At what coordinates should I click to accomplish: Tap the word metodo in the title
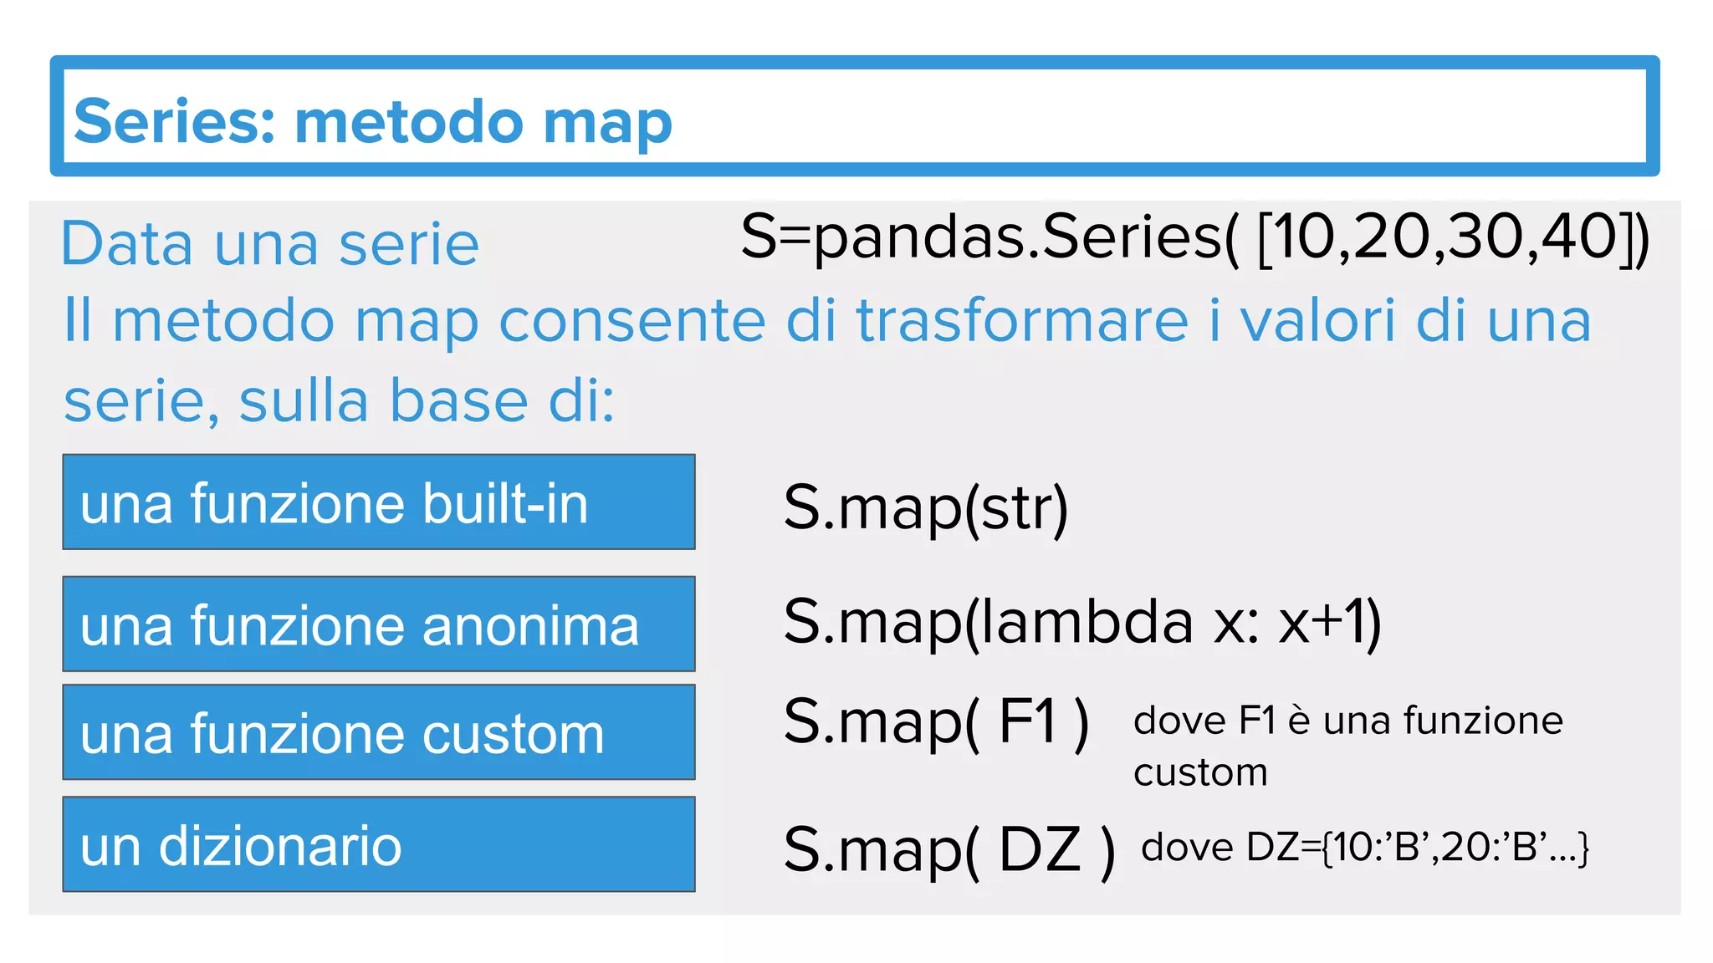pos(409,121)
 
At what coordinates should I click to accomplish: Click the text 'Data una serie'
pos(270,244)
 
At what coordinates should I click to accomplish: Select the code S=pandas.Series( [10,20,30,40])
pos(1194,238)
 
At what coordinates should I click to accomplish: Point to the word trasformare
pos(1022,321)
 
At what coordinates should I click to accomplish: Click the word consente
pos(632,321)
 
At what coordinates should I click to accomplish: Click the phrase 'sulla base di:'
pos(427,401)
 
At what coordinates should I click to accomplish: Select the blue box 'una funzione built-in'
pos(379,502)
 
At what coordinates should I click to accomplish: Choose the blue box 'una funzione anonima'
pos(379,624)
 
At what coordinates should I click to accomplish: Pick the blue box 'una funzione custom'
pos(379,732)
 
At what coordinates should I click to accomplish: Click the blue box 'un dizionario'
pos(379,844)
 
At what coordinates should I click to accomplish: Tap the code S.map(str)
pos(925,507)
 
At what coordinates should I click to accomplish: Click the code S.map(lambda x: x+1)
pos(1081,623)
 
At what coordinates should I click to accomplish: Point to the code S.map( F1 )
pos(936,721)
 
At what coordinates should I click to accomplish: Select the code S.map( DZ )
pos(949,850)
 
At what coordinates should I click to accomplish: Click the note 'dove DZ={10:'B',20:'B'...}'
pos(1364,848)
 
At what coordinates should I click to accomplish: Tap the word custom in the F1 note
pos(1200,772)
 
